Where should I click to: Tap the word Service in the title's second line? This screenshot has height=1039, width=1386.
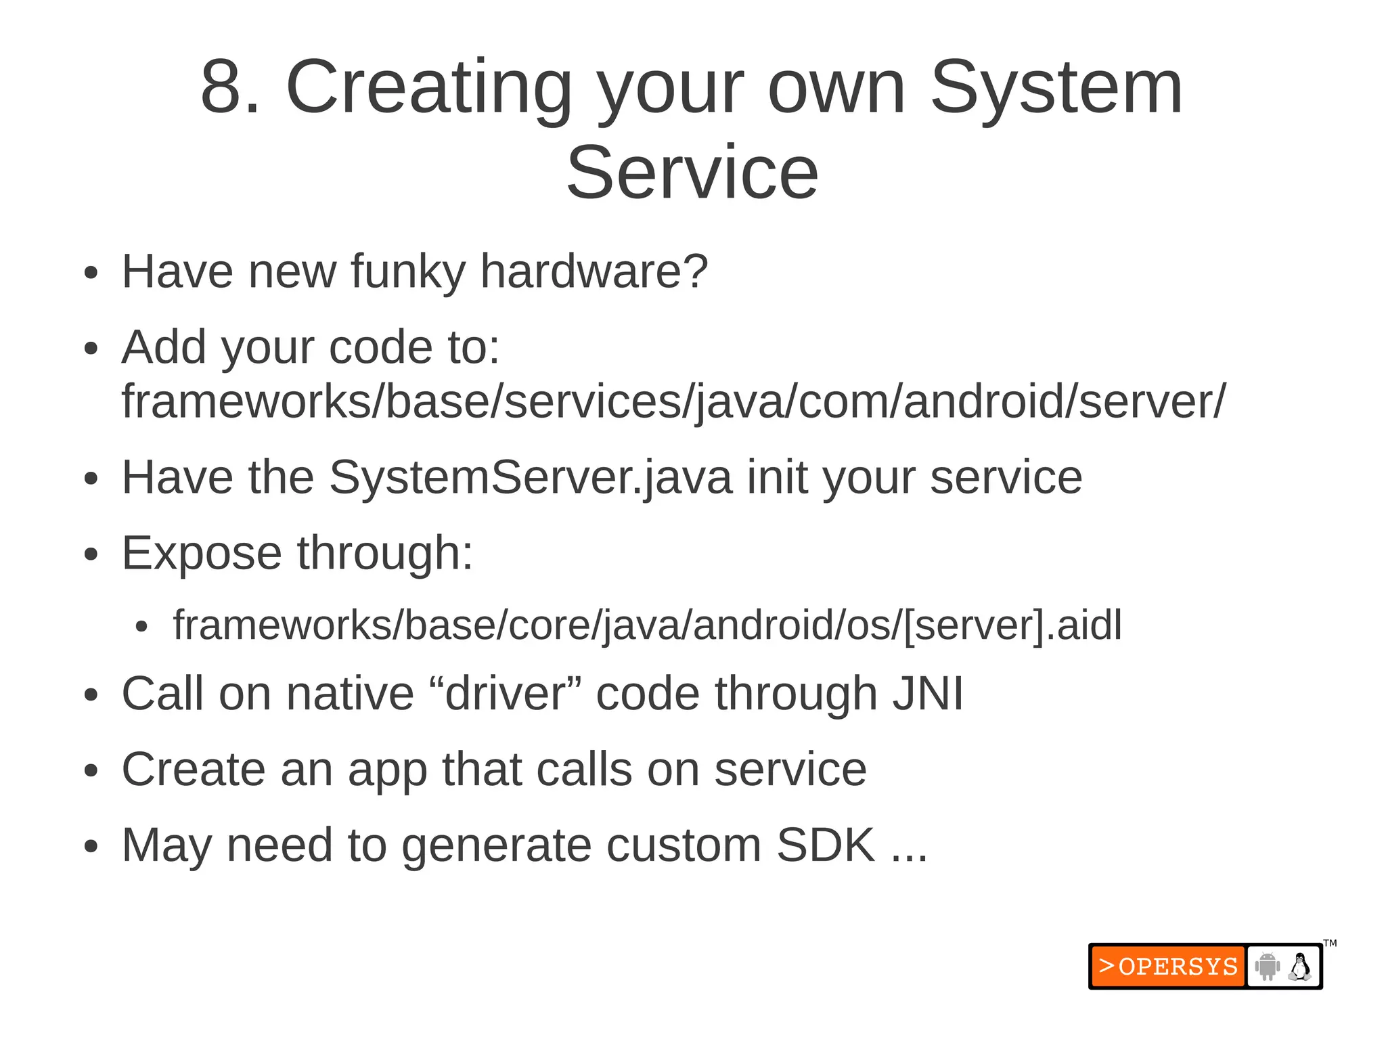click(692, 173)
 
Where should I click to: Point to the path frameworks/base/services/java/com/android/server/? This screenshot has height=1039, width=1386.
click(673, 402)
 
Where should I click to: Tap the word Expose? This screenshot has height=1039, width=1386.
click(202, 554)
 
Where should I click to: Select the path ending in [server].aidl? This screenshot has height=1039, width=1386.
click(648, 625)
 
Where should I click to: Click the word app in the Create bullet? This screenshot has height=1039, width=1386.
click(387, 770)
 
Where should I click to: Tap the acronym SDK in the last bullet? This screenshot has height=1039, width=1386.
click(826, 845)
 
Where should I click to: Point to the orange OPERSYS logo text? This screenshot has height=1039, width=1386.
click(1169, 967)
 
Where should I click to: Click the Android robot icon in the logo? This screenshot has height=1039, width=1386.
click(1267, 967)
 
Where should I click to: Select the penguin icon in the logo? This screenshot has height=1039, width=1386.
click(1299, 967)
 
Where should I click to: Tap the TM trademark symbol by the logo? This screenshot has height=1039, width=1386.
click(1330, 944)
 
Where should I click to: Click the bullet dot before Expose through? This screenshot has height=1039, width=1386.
click(91, 555)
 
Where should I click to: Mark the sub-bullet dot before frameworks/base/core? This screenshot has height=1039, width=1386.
click(141, 627)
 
